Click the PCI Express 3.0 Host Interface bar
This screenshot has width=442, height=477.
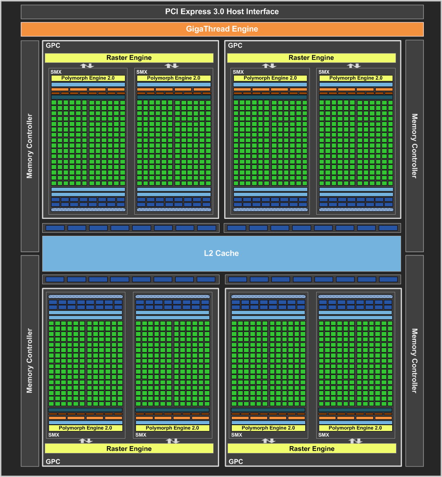(222, 11)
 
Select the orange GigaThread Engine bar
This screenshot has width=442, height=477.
(222, 29)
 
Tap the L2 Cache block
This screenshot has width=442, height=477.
(221, 253)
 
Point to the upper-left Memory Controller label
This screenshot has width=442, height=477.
(30, 146)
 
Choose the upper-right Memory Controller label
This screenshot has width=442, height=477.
(414, 146)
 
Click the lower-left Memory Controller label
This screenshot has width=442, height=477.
(30, 361)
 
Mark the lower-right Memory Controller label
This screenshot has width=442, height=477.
(414, 361)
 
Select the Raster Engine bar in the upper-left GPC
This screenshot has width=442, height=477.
(129, 58)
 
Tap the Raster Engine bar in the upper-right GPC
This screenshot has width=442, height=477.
(311, 58)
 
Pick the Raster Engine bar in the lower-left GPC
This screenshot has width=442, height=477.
(129, 448)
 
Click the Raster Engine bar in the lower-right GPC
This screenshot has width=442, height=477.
(312, 448)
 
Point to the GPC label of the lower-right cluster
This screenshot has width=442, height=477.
(236, 461)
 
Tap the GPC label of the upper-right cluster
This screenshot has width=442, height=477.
(235, 46)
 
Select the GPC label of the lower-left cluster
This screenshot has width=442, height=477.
(53, 461)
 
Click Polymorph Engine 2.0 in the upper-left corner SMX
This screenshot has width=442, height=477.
(88, 78)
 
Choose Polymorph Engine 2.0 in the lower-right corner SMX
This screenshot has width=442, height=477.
(355, 428)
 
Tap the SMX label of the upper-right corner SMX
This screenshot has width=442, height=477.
(324, 72)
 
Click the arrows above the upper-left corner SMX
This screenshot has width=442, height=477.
(87, 65)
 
